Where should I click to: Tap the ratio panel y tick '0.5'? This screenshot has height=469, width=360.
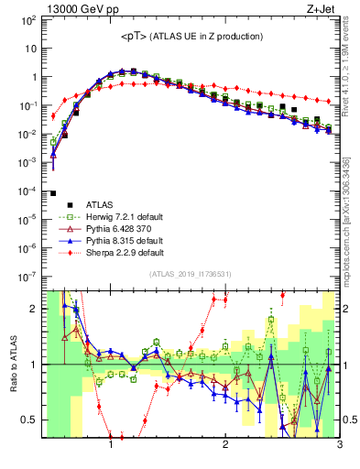click(31, 420)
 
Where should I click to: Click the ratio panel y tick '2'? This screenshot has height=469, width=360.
click(34, 309)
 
